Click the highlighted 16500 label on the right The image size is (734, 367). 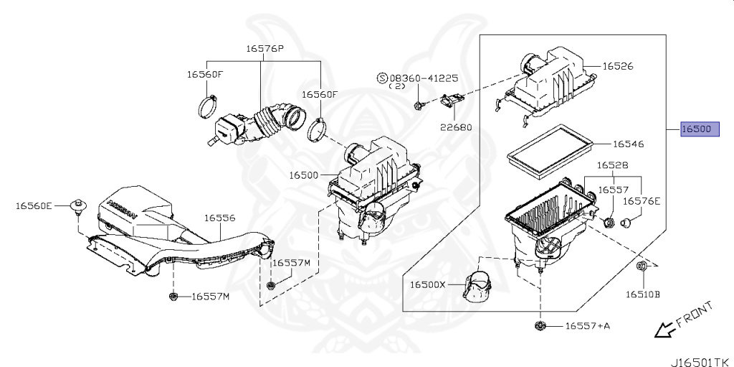click(696, 129)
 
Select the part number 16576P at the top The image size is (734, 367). click(265, 49)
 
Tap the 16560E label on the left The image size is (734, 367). click(34, 206)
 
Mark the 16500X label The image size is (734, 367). click(428, 284)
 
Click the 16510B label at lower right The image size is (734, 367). click(642, 294)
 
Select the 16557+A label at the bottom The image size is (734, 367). click(587, 326)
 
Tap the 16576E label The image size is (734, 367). click(642, 201)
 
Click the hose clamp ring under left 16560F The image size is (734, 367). click(207, 106)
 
